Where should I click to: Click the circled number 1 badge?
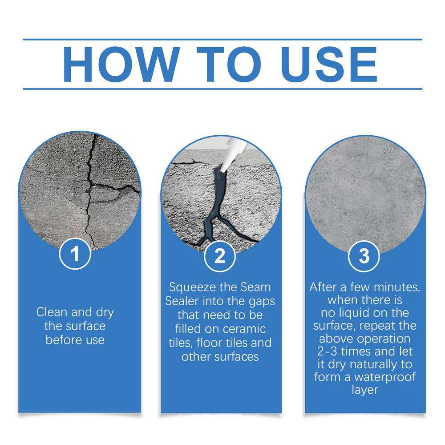coord(75,255)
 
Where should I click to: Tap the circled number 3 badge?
coord(364,256)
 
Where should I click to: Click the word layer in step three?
coord(364,390)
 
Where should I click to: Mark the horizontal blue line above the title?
coord(222,40)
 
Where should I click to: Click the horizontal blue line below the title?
coord(222,89)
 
